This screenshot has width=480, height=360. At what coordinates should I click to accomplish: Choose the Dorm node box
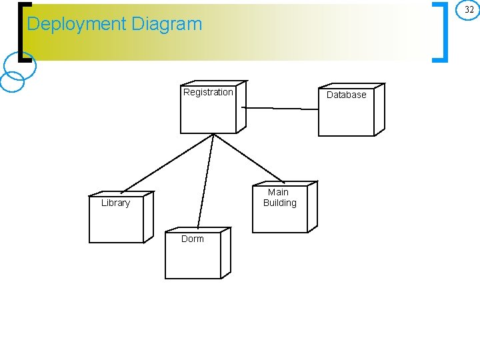coord(193,256)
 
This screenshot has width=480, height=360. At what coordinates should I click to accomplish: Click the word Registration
coord(208,93)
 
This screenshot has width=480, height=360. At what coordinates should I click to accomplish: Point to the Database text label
coord(346,95)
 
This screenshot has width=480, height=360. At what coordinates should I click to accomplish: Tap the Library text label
coord(115,203)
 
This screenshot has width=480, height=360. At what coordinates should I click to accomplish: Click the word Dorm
coord(193,239)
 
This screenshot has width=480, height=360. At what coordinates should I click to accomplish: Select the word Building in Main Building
coord(279,203)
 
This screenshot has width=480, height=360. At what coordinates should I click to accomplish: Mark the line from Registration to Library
coord(167,163)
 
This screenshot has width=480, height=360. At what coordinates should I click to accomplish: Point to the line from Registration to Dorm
coord(206,180)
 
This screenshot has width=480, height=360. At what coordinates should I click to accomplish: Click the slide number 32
coord(469,10)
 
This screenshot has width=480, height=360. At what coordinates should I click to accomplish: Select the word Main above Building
coord(278,192)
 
